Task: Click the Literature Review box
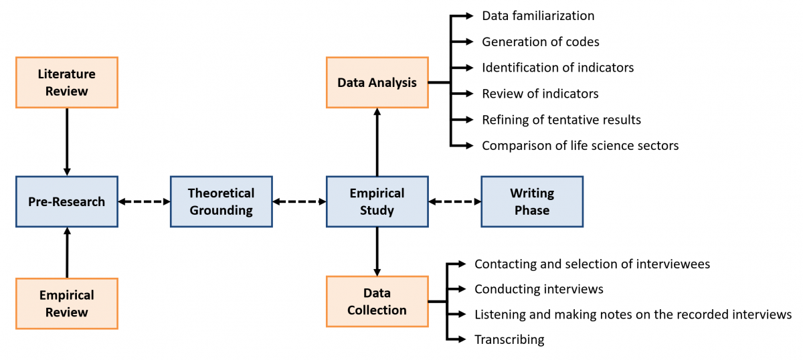point(66,82)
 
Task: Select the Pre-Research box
point(66,201)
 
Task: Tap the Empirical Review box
point(66,303)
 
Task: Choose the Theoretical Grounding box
point(221,201)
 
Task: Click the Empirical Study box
point(377,201)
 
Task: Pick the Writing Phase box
point(532,201)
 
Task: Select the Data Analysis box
point(377,82)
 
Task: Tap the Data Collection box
point(377,301)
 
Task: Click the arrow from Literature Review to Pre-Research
point(66,142)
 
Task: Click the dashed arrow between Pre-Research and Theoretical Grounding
point(144,201)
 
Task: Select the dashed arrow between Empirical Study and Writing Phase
point(454,201)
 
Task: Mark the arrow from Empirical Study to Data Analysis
point(377,142)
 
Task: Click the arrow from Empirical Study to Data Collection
point(377,252)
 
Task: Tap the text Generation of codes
point(540,41)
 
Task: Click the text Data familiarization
point(538,15)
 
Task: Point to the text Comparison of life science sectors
point(580,145)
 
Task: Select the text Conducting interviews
point(539,289)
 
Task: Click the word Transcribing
point(509,339)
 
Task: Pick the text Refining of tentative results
point(561,120)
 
